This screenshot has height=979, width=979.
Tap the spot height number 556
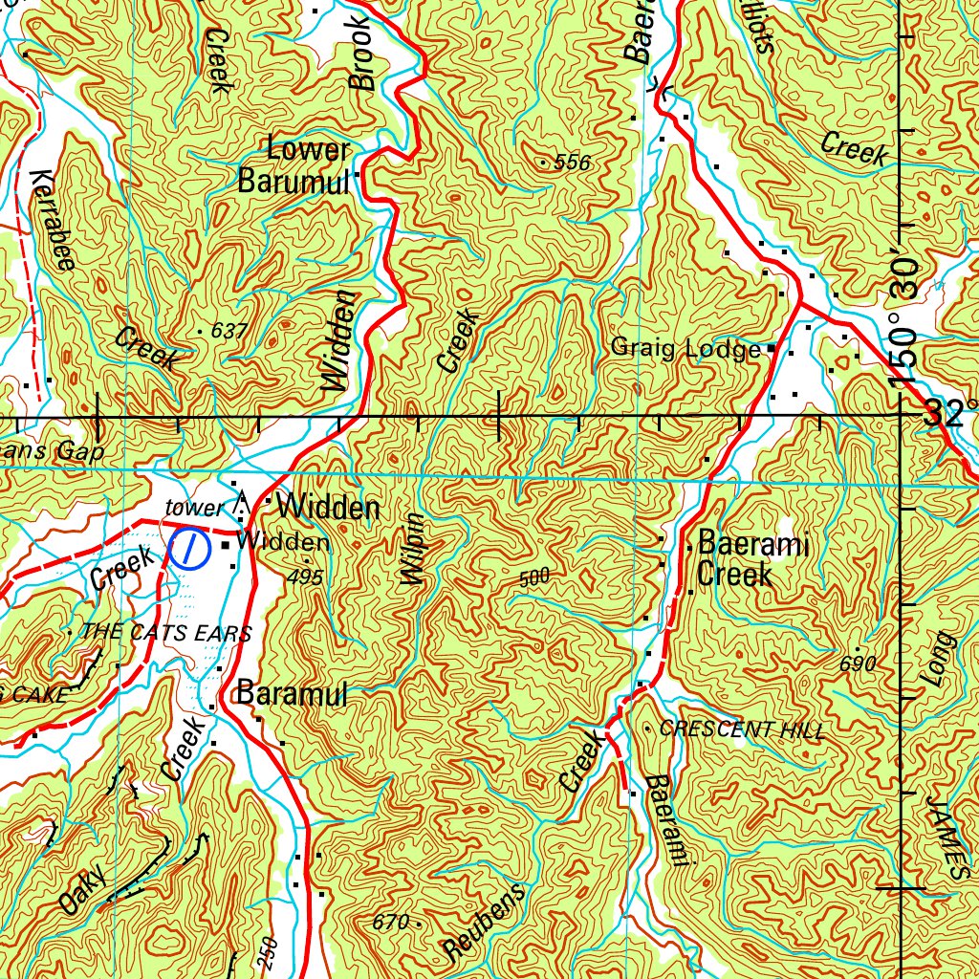click(x=572, y=163)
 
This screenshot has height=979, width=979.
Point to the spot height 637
click(x=228, y=331)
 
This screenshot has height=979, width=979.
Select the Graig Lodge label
click(x=685, y=349)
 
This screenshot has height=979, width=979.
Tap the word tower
click(x=194, y=508)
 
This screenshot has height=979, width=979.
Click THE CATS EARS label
click(x=166, y=632)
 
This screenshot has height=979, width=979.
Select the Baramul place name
click(x=292, y=694)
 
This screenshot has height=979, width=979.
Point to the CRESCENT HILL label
click(x=742, y=729)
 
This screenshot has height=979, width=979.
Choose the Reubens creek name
click(x=485, y=923)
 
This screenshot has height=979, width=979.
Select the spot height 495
click(x=305, y=577)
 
